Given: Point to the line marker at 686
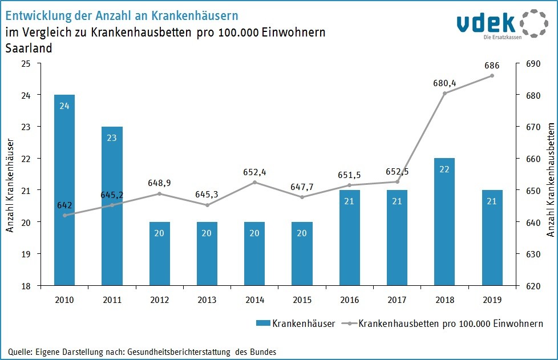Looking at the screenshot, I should pyautogui.click(x=492, y=76).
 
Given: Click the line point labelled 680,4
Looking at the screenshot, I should pyautogui.click(x=445, y=93).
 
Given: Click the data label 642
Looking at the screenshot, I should pyautogui.click(x=64, y=204).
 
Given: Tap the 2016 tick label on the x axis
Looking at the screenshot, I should pyautogui.click(x=350, y=298).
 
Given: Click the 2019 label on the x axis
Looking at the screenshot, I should pyautogui.click(x=492, y=298).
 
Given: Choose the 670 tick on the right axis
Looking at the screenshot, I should pyautogui.click(x=524, y=127).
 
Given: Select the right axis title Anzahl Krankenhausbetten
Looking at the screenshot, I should pyautogui.click(x=550, y=171).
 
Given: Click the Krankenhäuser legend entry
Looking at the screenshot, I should pyautogui.click(x=296, y=323).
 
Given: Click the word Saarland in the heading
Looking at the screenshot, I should pyautogui.click(x=29, y=48).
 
